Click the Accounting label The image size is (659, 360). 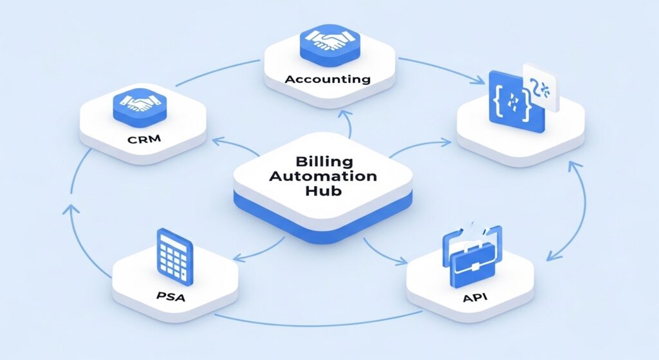click(x=328, y=80)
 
